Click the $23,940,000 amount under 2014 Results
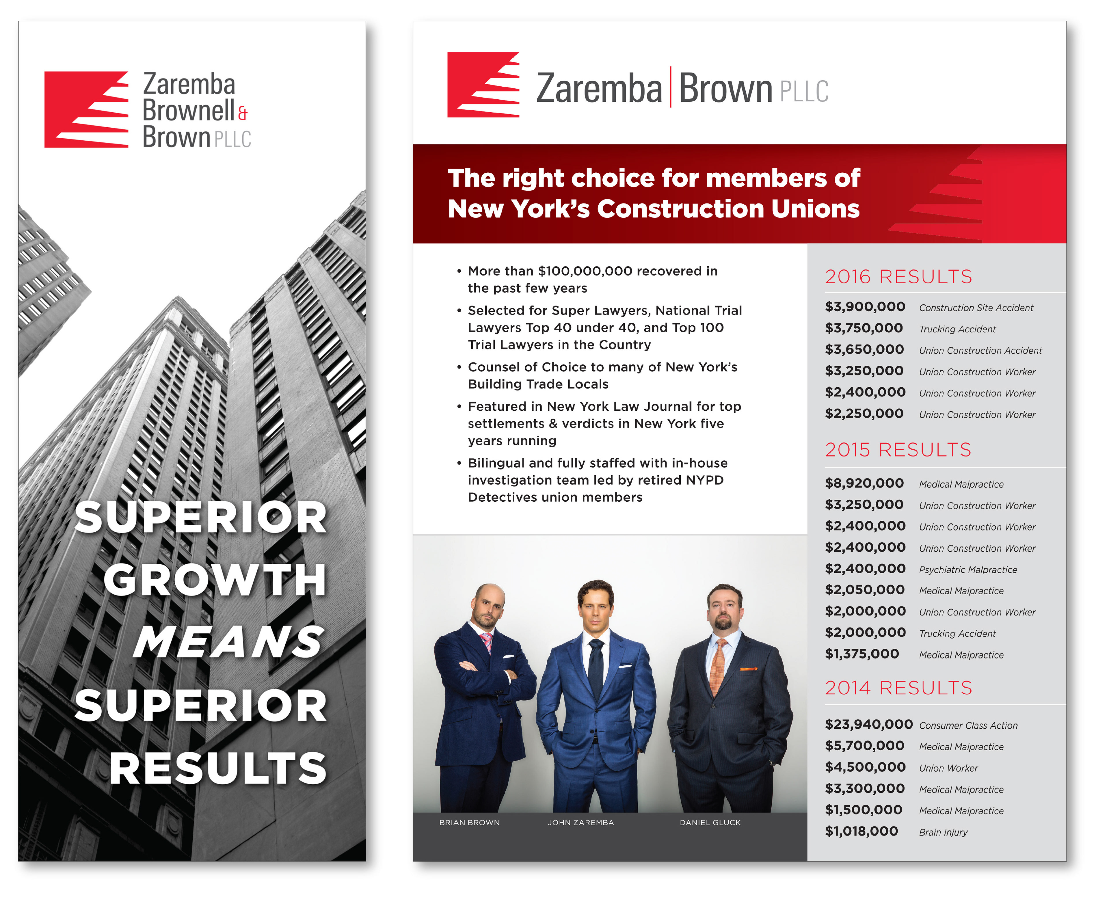click(x=869, y=724)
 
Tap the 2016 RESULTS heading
click(x=898, y=276)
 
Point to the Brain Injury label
click(x=943, y=832)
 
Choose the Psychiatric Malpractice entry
click(x=968, y=570)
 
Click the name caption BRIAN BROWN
click(x=469, y=822)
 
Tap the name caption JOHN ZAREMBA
click(x=581, y=822)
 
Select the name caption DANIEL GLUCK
click(x=710, y=822)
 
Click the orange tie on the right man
click(x=718, y=667)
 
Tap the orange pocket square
click(x=748, y=669)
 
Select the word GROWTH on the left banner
click(x=215, y=579)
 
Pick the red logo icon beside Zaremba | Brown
click(x=483, y=85)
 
